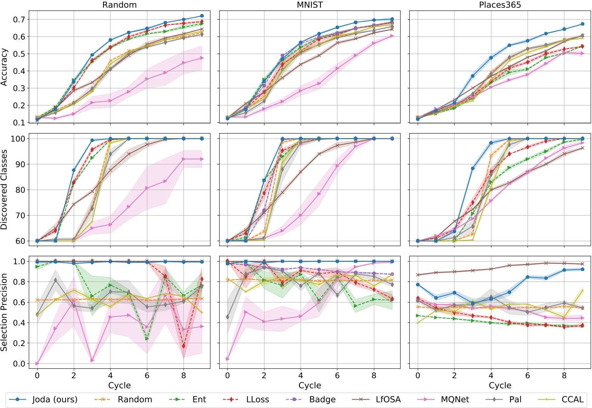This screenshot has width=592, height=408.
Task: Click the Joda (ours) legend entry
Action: pos(55,400)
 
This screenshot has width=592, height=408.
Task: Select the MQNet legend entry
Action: pos(455,400)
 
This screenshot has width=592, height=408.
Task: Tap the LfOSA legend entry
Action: pos(388,400)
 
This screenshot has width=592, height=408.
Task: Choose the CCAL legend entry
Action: pos(572,400)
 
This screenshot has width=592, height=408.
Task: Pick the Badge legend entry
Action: pos(322,400)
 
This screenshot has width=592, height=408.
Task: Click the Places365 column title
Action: pos(500,5)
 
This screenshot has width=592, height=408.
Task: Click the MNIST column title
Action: pos(310,5)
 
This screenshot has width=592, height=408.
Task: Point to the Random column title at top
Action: pos(119,5)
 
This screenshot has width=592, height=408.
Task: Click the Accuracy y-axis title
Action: pos(4,67)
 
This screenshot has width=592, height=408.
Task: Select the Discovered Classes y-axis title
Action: pos(4,190)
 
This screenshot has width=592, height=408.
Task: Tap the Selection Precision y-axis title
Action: pos(4,312)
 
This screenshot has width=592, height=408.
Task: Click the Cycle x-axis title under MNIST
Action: pos(310,386)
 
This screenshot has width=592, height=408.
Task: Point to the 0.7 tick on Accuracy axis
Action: pos(20,20)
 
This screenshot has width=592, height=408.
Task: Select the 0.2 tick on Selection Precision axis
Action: pos(20,343)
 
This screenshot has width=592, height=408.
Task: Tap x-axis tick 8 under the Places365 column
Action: pos(564,376)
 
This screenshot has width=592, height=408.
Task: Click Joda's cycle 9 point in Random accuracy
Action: pos(202,16)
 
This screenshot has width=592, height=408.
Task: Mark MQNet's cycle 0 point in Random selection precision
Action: pos(37,363)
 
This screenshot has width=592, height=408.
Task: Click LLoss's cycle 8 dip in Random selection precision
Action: pos(183,346)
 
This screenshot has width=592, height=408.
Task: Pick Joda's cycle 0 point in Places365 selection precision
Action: pos(418,285)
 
